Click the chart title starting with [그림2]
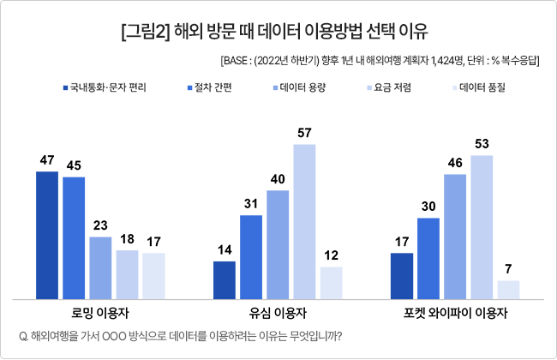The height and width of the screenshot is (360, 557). click(274, 32)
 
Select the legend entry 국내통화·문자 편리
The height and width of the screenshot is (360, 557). click(105, 87)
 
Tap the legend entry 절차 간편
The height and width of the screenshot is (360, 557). click(210, 87)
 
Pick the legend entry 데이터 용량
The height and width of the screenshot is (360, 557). click(299, 87)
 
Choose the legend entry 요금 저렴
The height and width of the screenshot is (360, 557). click(389, 87)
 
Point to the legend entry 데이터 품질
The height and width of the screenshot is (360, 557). click(479, 87)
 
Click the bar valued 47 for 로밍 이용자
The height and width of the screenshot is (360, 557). click(47, 235)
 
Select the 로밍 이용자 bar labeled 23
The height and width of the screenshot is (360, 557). click(100, 268)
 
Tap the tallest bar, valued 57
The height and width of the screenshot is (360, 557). click(304, 222)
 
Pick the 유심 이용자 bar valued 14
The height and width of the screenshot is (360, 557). click(225, 280)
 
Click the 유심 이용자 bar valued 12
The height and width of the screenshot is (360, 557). click(331, 283)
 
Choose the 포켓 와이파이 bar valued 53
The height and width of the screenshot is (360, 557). click(482, 227)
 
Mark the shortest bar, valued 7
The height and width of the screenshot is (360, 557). click(508, 290)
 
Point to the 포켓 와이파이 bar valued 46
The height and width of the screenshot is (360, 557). click(455, 237)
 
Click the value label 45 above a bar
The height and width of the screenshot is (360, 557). click(74, 165)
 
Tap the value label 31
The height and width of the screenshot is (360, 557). click(251, 204)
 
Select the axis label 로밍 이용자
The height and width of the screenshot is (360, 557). click(100, 313)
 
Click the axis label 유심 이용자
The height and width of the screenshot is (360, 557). click(278, 313)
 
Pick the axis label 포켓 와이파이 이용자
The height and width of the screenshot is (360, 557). click(455, 313)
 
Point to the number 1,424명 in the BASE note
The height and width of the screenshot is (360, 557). click(447, 61)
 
